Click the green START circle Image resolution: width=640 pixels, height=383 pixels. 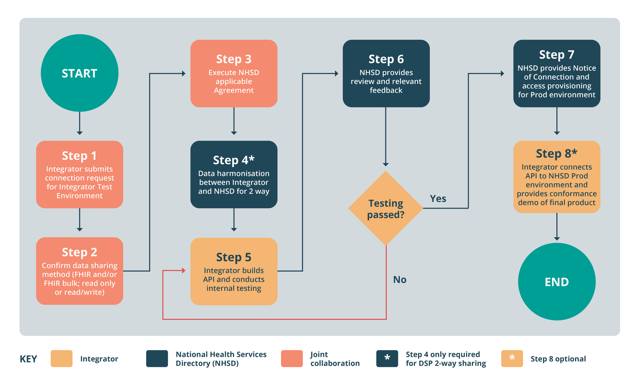coord(79,73)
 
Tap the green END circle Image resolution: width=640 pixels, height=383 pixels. coord(557,281)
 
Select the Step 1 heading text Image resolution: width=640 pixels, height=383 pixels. coord(79,156)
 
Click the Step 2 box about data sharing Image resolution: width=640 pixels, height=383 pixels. coord(79,271)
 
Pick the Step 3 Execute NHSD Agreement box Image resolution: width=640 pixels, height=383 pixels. coord(234,74)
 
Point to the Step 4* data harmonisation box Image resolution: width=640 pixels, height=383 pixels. coord(234,175)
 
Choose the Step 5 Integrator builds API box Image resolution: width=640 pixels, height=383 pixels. coord(234,272)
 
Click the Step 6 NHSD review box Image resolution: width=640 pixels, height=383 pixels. coord(386,74)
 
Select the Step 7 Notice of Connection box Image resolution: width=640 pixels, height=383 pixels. coord(557,74)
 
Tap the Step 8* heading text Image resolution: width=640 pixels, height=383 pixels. coord(557,153)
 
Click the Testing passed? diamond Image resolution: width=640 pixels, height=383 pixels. coord(385,208)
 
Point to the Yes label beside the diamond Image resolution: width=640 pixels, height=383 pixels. coord(438,199)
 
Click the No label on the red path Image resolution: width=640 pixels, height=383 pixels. coord(400,279)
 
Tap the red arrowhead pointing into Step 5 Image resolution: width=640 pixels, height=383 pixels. coord(183,270)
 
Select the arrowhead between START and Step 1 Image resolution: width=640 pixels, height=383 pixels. coord(79,132)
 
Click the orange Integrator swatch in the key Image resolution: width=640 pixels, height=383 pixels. coord(61,359)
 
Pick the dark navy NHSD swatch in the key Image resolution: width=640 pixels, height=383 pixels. coord(157,359)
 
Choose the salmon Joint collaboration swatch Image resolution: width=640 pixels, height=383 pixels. coord(292,359)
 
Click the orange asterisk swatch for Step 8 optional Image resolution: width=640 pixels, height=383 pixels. coord(512,359)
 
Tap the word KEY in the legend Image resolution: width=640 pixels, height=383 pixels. coord(28,359)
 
